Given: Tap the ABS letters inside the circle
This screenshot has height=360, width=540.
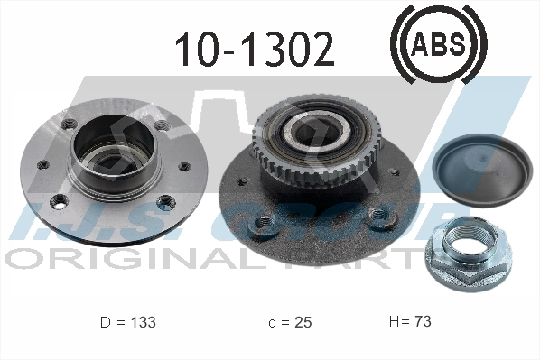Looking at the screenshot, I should pos(437,42).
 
